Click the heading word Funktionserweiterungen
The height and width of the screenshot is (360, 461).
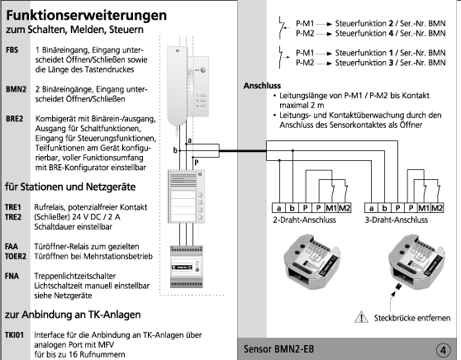[x=87, y=16]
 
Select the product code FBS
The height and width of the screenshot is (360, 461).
[x=12, y=50]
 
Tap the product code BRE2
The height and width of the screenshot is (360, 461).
[x=14, y=119]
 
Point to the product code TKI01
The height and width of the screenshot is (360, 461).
[x=14, y=334]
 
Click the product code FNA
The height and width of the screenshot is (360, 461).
[x=12, y=276]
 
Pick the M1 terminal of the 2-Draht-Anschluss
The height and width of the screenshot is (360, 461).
[x=331, y=208]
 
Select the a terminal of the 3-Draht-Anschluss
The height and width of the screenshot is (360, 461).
[x=371, y=208]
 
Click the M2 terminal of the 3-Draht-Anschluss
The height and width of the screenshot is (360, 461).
[x=437, y=208]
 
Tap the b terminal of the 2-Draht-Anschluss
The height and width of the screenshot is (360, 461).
[x=292, y=208]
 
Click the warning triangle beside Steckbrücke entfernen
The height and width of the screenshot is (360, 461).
[x=361, y=317]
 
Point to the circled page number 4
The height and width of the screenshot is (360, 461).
[x=443, y=350]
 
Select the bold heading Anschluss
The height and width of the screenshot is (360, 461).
[x=262, y=86]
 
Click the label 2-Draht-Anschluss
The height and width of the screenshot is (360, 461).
[x=304, y=220]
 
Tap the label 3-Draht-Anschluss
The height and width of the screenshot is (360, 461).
[x=397, y=220]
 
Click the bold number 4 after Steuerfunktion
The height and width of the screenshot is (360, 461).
[x=391, y=33]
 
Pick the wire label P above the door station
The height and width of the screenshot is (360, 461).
[x=197, y=163]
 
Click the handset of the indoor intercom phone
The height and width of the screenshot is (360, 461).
[x=177, y=86]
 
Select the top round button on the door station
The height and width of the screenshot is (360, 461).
[x=200, y=195]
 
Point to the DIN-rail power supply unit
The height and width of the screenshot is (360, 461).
[x=187, y=267]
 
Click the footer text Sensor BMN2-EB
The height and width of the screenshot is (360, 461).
[x=278, y=349]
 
